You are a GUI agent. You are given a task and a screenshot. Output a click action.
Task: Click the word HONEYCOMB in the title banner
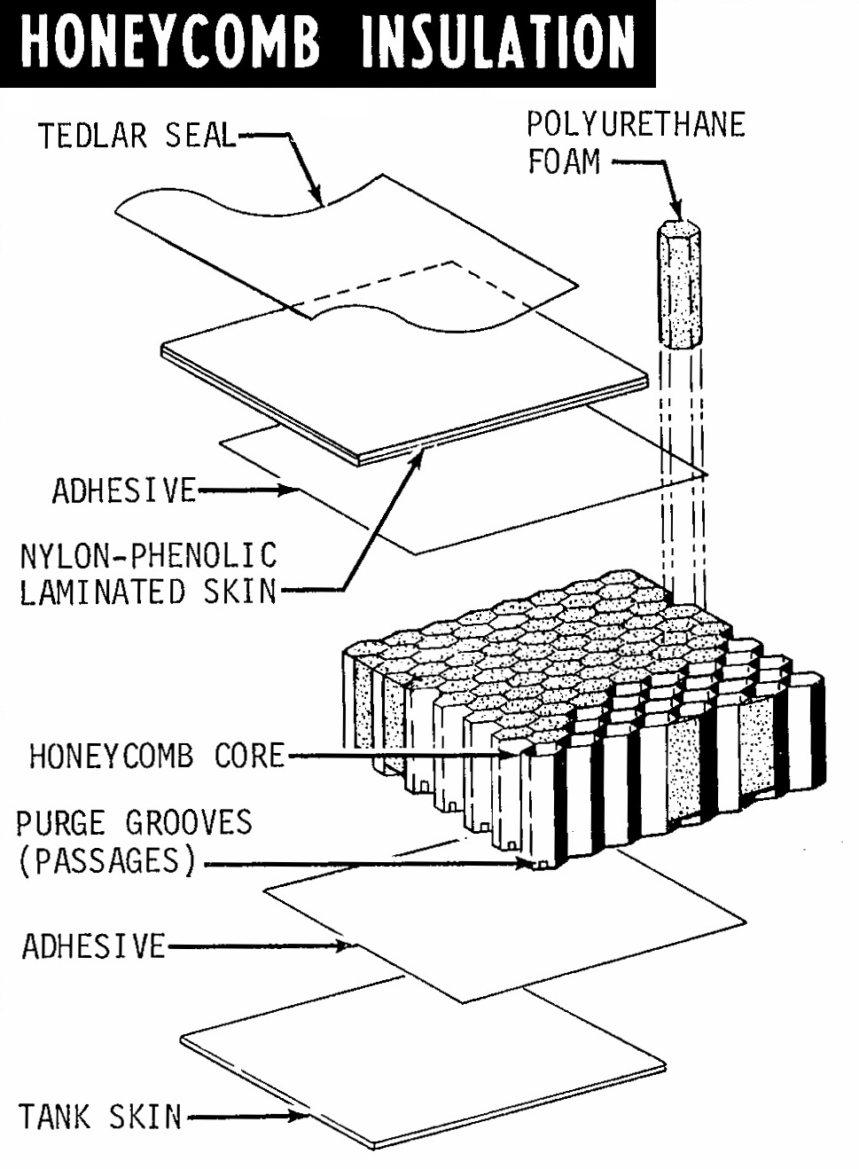tap(168, 42)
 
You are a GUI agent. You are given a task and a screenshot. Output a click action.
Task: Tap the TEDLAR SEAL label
tap(137, 136)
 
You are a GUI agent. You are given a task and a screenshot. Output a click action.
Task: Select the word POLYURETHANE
tap(636, 124)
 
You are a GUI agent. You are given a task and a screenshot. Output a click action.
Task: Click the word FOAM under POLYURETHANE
tap(564, 162)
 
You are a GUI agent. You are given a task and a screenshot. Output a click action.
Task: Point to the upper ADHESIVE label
tap(123, 490)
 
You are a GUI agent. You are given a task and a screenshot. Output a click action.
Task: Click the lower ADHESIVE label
tap(93, 946)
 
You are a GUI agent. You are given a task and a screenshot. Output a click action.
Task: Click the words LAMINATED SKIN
tap(148, 592)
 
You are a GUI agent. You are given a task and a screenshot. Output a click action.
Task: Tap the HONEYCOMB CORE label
tap(157, 756)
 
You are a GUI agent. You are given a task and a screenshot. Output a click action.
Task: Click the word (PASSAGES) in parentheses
tap(106, 860)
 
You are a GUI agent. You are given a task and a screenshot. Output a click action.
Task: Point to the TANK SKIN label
tap(99, 1116)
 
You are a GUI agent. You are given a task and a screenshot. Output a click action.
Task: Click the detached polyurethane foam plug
tap(680, 285)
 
